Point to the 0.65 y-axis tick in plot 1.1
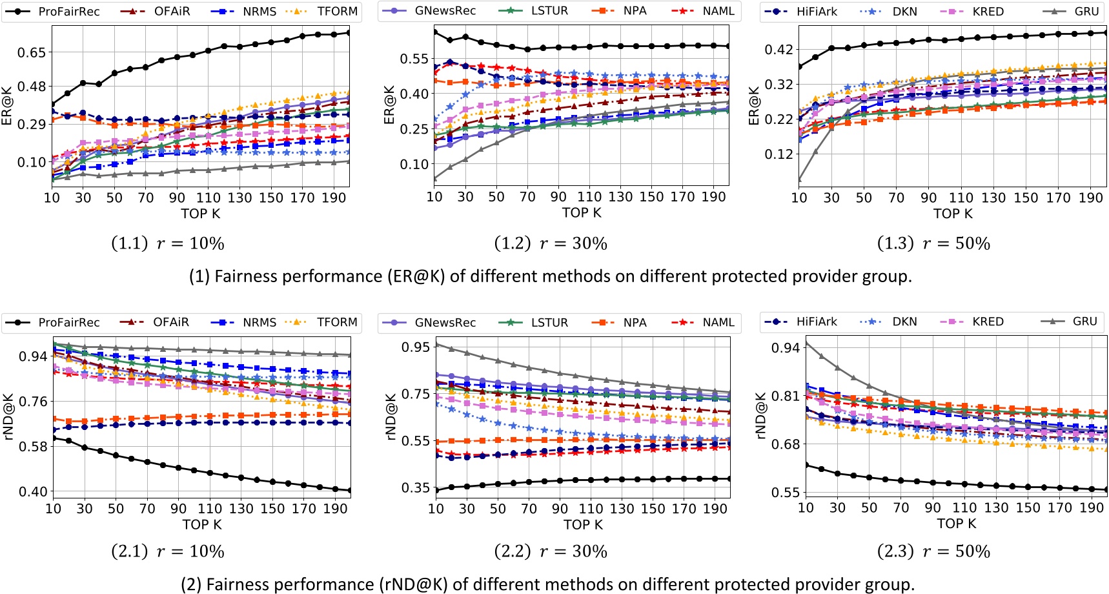pyautogui.click(x=32, y=52)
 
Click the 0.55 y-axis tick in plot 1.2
pyautogui.click(x=414, y=59)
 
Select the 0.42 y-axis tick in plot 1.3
pyautogui.click(x=778, y=50)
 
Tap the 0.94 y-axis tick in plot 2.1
pyautogui.click(x=33, y=356)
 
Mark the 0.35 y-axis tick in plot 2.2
pyautogui.click(x=415, y=487)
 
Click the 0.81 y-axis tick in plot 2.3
pyautogui.click(x=785, y=396)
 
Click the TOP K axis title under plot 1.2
pyautogui.click(x=581, y=213)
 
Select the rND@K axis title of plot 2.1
pyautogui.click(x=9, y=416)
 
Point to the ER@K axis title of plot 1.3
pyautogui.click(x=754, y=106)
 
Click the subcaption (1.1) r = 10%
pyautogui.click(x=168, y=243)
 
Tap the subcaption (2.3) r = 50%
pyautogui.click(x=933, y=551)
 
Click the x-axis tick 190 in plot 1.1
pyautogui.click(x=334, y=198)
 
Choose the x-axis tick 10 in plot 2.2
pyautogui.click(x=436, y=509)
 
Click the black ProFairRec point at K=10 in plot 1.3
pyautogui.click(x=800, y=67)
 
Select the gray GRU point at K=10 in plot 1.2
pyautogui.click(x=434, y=179)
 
